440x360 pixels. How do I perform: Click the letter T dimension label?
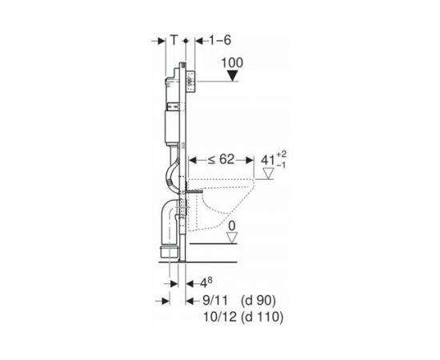point(174,40)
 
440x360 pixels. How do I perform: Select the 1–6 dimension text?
point(220,40)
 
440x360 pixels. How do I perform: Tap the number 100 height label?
point(232,63)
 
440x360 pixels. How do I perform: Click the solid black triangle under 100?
point(232,76)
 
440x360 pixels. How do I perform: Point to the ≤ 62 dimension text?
point(221,160)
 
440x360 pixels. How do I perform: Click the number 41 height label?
point(268,161)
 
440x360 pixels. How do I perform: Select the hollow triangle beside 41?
point(268,174)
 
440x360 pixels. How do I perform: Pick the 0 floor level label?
point(232,226)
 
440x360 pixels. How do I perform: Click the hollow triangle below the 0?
point(232,238)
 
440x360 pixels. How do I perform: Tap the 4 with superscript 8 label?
point(206,283)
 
